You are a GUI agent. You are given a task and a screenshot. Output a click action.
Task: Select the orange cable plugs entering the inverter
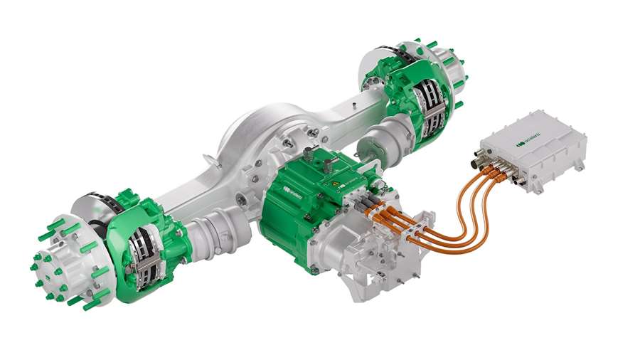(498, 171)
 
